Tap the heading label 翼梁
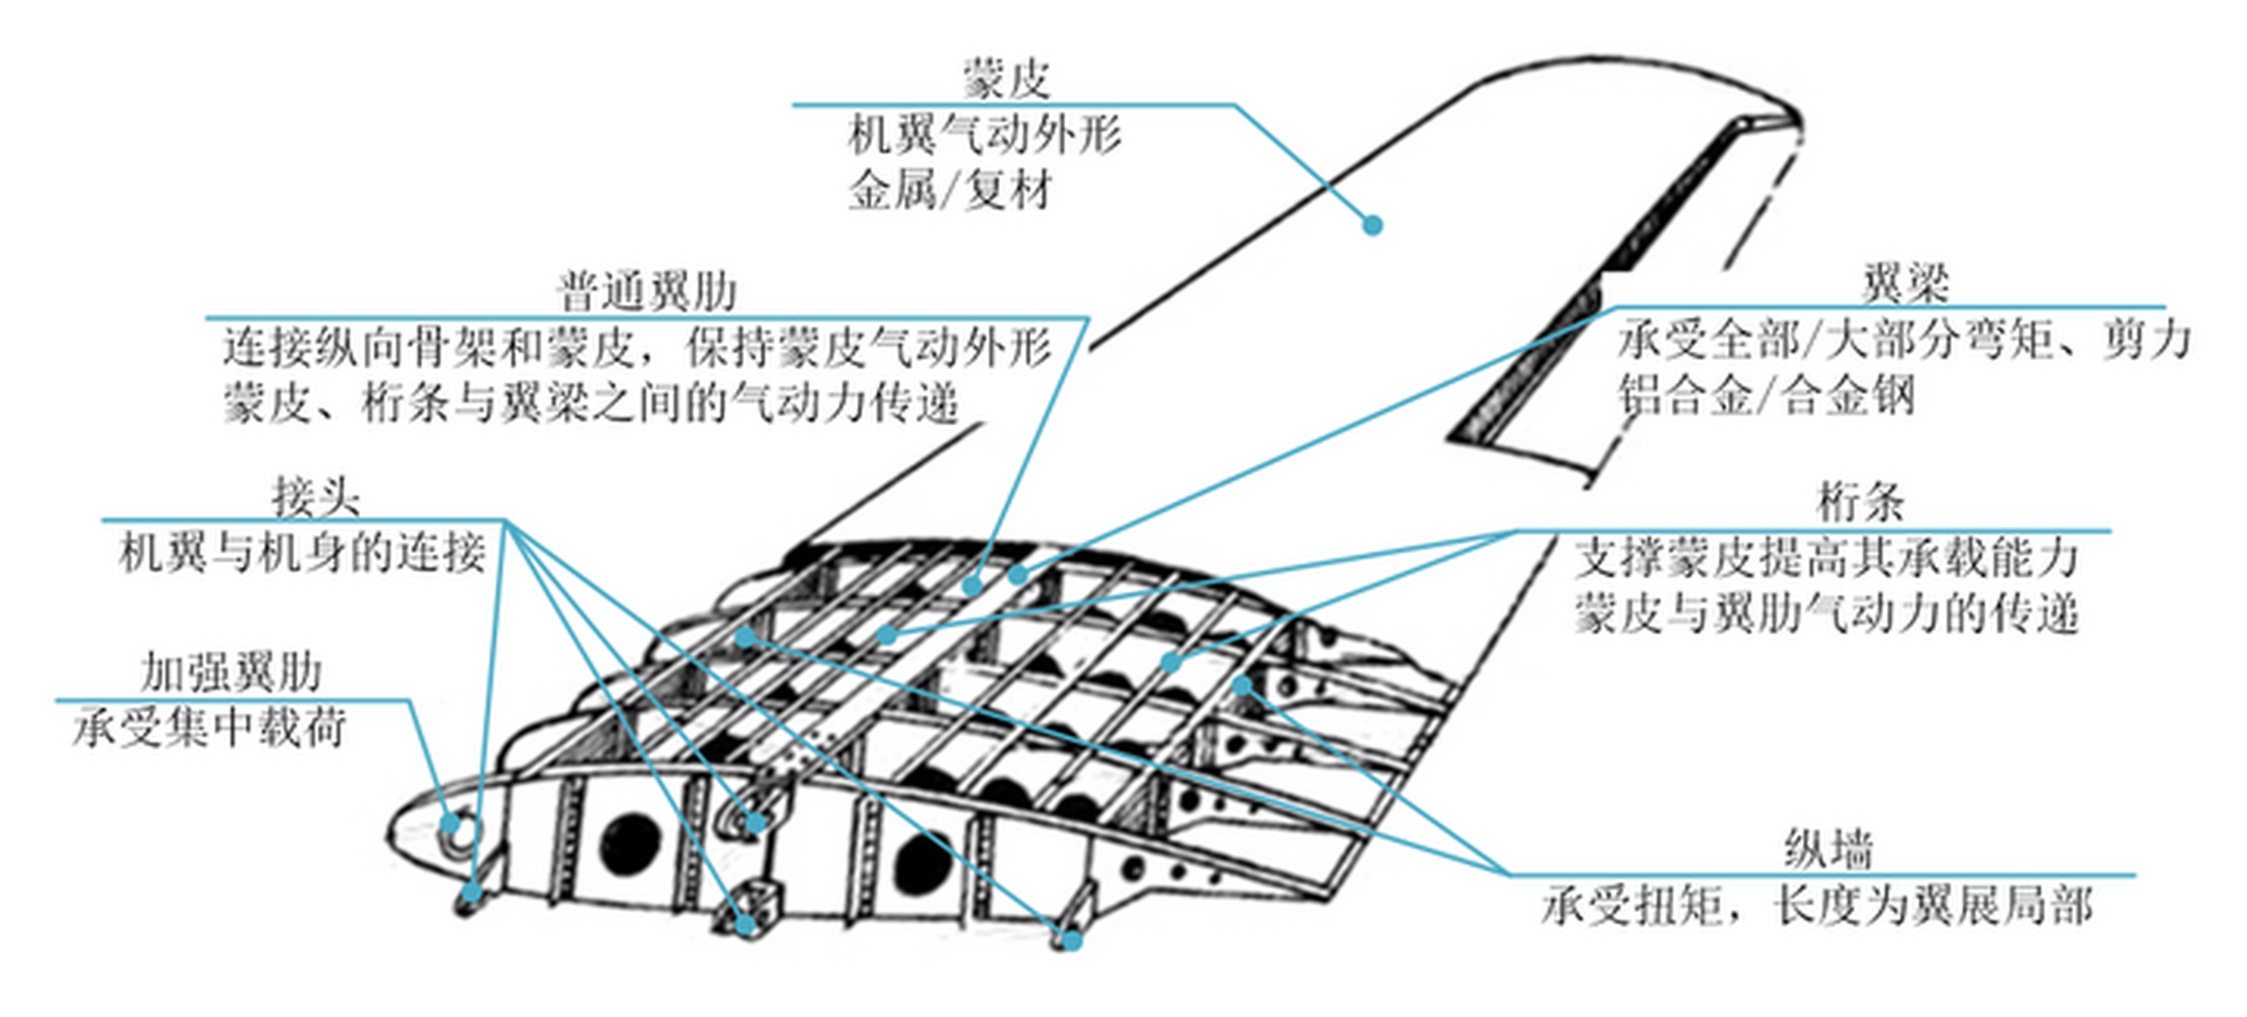coord(1904,284)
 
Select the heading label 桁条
coord(1861,502)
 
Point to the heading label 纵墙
coord(1828,849)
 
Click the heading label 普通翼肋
coord(647,292)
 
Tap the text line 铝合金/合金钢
coord(1767,396)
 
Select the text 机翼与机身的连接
coord(302,553)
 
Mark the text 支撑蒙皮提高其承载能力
coord(1827,559)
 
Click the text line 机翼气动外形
coord(985,136)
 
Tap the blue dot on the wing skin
coord(1372,225)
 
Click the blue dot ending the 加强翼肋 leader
coord(450,823)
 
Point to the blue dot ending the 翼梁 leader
coord(1017,574)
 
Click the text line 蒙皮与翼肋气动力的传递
coord(1827,614)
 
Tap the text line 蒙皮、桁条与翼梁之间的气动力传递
coord(591,404)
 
